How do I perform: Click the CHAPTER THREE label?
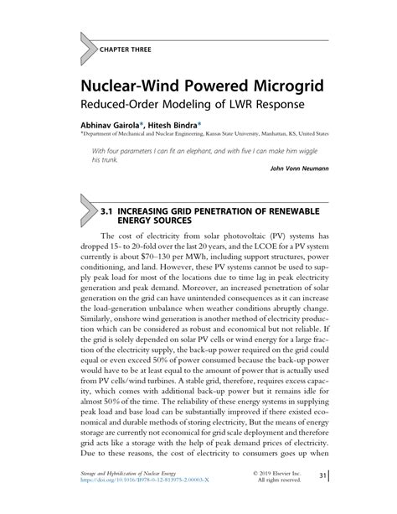pos(126,50)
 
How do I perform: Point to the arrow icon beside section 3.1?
pos(87,213)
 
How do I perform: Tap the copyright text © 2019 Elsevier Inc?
pos(294,496)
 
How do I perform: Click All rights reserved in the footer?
pos(301,505)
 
